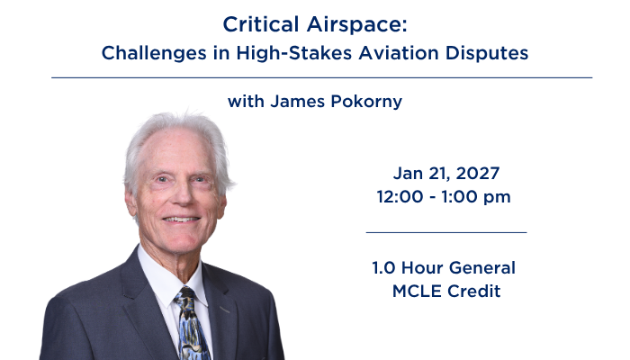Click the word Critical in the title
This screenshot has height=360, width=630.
click(x=261, y=24)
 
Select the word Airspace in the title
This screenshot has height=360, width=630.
click(x=356, y=25)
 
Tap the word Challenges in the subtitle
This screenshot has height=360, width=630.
click(x=154, y=54)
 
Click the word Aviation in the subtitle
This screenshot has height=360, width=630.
click(x=399, y=53)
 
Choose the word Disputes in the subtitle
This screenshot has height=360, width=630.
click(x=487, y=54)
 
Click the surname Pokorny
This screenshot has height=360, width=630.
click(x=366, y=102)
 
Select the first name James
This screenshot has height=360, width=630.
click(x=297, y=101)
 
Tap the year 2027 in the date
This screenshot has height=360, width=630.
click(x=478, y=174)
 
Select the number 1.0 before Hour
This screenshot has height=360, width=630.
click(x=383, y=268)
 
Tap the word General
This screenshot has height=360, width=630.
click(x=482, y=268)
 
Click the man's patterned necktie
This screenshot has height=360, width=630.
click(x=191, y=324)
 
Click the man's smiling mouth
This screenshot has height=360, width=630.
click(x=181, y=220)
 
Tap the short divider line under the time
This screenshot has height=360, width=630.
click(x=446, y=232)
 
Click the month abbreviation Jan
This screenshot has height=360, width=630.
click(x=408, y=174)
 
